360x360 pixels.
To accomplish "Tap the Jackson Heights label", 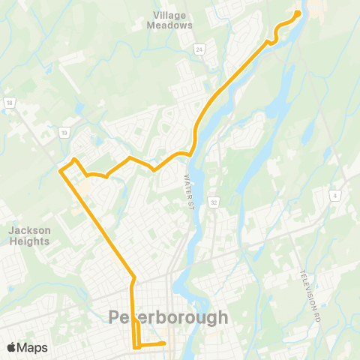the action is (29, 235).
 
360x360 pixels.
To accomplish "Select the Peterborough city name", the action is (169, 317).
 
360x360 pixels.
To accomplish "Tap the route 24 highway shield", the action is (199, 50).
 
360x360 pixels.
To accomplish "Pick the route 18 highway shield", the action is (9, 103).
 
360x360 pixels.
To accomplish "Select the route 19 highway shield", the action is (64, 133).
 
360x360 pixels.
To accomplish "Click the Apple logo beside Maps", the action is (11, 347).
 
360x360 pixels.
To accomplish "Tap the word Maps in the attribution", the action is (32, 347).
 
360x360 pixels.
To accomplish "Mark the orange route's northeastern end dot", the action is (297, 13).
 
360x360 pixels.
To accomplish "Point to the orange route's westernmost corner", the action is (60, 171).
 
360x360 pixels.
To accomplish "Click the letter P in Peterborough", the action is (115, 317).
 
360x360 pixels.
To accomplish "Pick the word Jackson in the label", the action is (29, 230).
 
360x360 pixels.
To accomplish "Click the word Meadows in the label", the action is (173, 25).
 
